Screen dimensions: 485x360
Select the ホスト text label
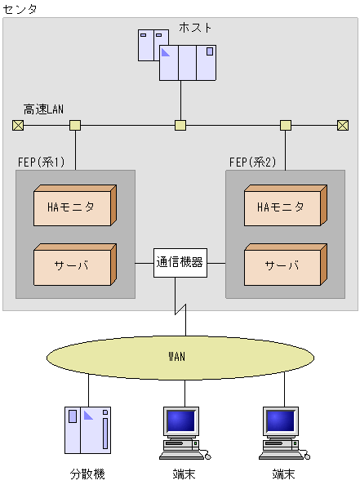[x=196, y=28]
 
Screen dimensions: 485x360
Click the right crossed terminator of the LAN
[x=343, y=125]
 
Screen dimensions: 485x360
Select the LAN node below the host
[x=180, y=125]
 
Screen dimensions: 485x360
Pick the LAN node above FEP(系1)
[x=75, y=125]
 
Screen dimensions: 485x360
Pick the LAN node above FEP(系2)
[x=286, y=125]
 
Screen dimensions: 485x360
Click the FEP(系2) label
[x=252, y=162]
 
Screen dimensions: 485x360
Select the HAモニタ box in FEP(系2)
[x=285, y=207]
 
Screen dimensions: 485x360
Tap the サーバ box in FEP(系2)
[x=285, y=265]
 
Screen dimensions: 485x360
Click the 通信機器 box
[x=180, y=263]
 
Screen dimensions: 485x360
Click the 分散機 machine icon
[x=87, y=429]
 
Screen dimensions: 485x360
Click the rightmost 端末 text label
[x=284, y=474]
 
